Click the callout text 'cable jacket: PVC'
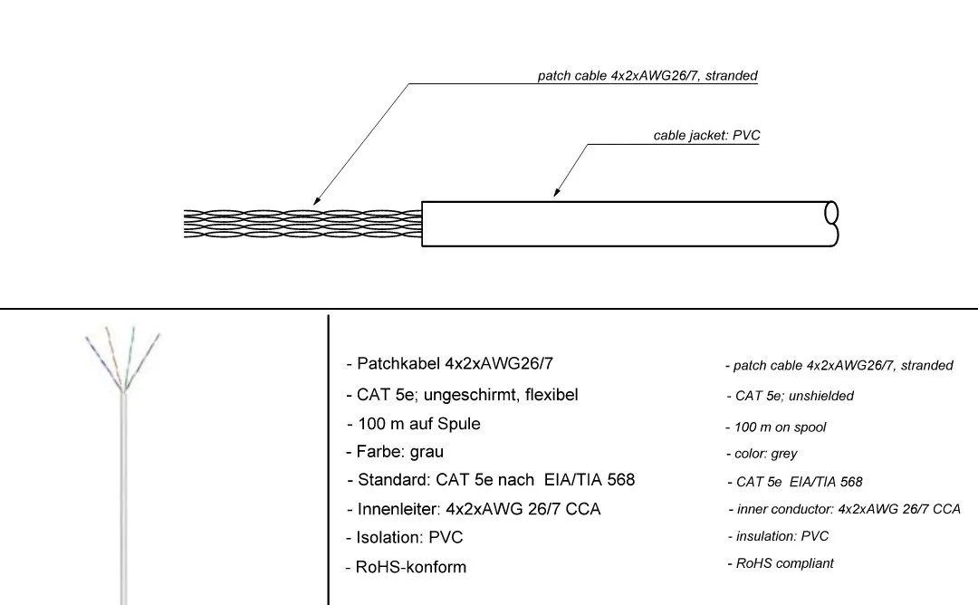click(x=706, y=135)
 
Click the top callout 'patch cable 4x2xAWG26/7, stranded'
click(x=647, y=75)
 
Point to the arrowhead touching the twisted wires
click(x=316, y=201)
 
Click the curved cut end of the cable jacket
click(x=832, y=224)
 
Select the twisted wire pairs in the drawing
click(x=302, y=224)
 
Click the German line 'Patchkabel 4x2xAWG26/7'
click(x=455, y=363)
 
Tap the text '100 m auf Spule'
click(x=418, y=424)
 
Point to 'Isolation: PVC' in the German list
click(x=409, y=537)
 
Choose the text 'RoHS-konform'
click(x=410, y=567)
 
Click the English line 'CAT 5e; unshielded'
click(x=794, y=396)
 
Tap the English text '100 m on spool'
click(x=780, y=427)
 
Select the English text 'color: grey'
click(x=765, y=454)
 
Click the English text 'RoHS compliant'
click(x=784, y=563)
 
